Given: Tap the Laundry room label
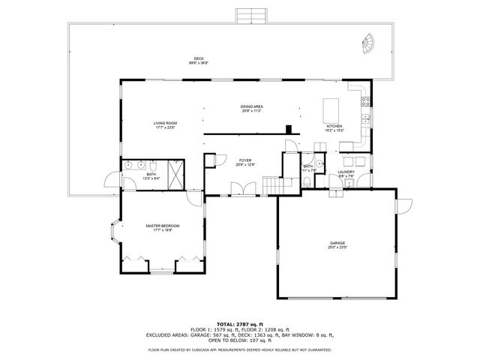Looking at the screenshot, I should [x=346, y=172].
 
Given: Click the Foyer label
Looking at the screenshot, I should [x=245, y=160].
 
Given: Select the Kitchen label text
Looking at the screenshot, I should [x=334, y=126].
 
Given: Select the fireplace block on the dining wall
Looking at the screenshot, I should [x=289, y=130].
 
